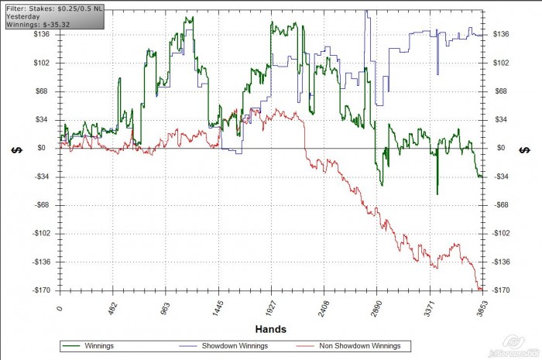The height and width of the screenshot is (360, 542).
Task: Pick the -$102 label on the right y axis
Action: (502, 234)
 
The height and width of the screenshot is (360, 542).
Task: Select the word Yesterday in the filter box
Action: (22, 15)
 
